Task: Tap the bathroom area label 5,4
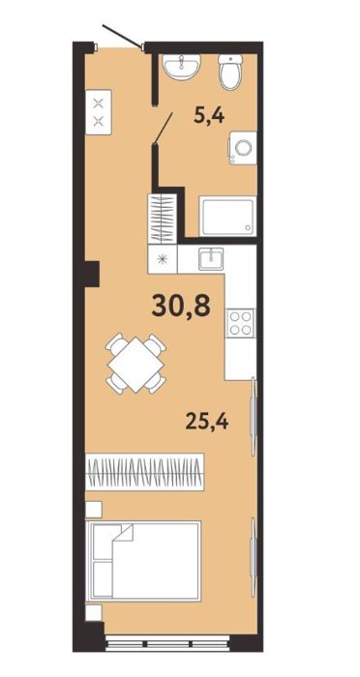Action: point(209,115)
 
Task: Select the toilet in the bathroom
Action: point(230,72)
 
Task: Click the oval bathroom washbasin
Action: point(182,67)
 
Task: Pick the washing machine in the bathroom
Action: point(243,148)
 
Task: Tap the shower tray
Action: point(227,216)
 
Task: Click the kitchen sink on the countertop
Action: point(211,259)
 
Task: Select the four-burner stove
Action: point(240,323)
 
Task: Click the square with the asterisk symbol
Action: point(163,259)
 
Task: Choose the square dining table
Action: point(135,365)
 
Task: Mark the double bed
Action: point(143,561)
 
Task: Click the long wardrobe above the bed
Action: point(145,472)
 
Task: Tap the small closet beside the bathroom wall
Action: point(163,219)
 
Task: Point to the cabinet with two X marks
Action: point(99,112)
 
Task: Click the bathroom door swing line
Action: point(164,128)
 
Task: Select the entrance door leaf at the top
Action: point(122,36)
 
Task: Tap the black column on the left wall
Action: point(92,274)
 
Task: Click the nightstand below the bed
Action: point(93,612)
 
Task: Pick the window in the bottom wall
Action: point(167,644)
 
